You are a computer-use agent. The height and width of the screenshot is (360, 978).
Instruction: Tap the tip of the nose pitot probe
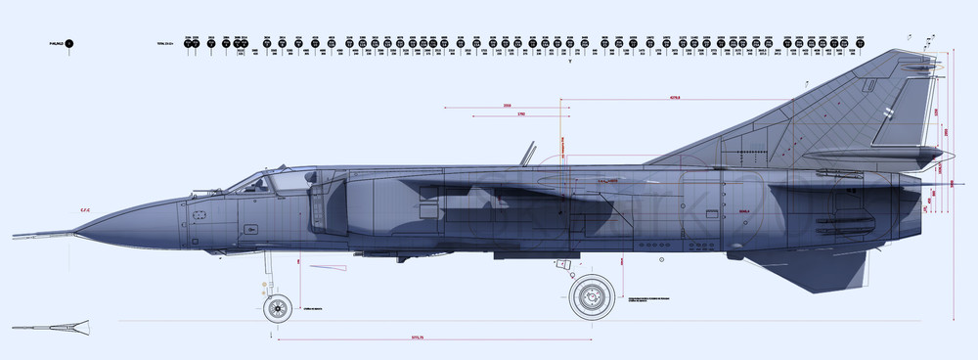pyautogui.click(x=14, y=236)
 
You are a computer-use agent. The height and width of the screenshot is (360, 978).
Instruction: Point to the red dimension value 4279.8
pyautogui.click(x=674, y=98)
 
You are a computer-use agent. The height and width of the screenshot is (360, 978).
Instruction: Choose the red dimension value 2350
pyautogui.click(x=507, y=105)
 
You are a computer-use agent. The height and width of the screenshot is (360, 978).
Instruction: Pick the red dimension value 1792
pyautogui.click(x=521, y=114)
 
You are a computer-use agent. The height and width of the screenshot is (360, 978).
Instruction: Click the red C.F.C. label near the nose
pyautogui.click(x=86, y=209)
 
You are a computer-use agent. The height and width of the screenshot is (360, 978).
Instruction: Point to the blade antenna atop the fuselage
pyautogui.click(x=529, y=153)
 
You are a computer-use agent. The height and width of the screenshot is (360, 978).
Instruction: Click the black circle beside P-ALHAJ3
pyautogui.click(x=69, y=44)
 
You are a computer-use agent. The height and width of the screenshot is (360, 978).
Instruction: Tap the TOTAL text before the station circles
pyautogui.click(x=163, y=44)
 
